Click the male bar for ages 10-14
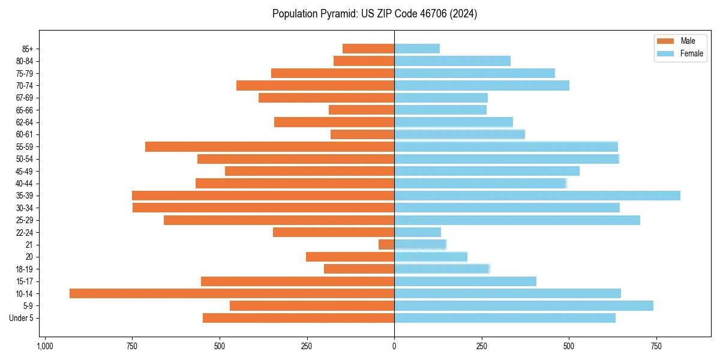pyautogui.click(x=232, y=293)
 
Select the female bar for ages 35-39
pyautogui.click(x=537, y=196)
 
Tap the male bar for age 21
pyautogui.click(x=386, y=245)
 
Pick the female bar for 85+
pyautogui.click(x=417, y=49)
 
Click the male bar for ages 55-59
pyautogui.click(x=269, y=146)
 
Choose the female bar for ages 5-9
pyautogui.click(x=523, y=306)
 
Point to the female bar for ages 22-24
pyautogui.click(x=418, y=232)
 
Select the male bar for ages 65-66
pyautogui.click(x=361, y=110)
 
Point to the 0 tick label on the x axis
pyautogui.click(x=394, y=347)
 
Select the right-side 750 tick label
pyautogui.click(x=656, y=347)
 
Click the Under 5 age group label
pyautogui.click(x=21, y=318)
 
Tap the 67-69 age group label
pyautogui.click(x=25, y=98)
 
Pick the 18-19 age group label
pyautogui.click(x=25, y=269)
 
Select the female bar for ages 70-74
pyautogui.click(x=482, y=85)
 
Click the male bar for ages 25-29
pyautogui.click(x=279, y=220)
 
